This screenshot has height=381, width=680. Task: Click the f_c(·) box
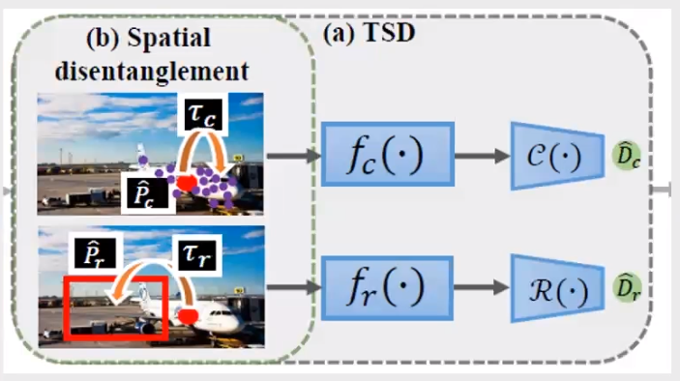click(388, 155)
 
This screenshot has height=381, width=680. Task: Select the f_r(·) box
click(387, 288)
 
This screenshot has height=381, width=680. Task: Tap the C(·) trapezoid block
click(557, 156)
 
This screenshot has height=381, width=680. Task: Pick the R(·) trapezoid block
click(557, 289)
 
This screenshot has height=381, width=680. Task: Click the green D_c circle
click(627, 155)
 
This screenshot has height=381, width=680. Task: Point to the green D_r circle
click(627, 287)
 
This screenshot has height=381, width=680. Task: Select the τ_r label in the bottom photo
click(197, 255)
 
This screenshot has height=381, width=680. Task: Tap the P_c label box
click(148, 193)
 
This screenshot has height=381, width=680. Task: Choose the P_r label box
click(96, 253)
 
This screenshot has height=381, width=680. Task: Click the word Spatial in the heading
click(169, 38)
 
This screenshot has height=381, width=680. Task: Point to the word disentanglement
click(152, 71)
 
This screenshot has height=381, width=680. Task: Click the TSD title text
click(390, 32)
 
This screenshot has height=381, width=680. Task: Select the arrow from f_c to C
click(483, 155)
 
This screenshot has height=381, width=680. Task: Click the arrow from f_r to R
click(482, 287)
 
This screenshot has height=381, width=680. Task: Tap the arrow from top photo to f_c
click(294, 155)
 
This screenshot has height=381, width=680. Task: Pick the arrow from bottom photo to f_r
click(294, 287)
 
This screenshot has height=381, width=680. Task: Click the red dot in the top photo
click(187, 183)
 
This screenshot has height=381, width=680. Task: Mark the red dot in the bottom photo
click(189, 316)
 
